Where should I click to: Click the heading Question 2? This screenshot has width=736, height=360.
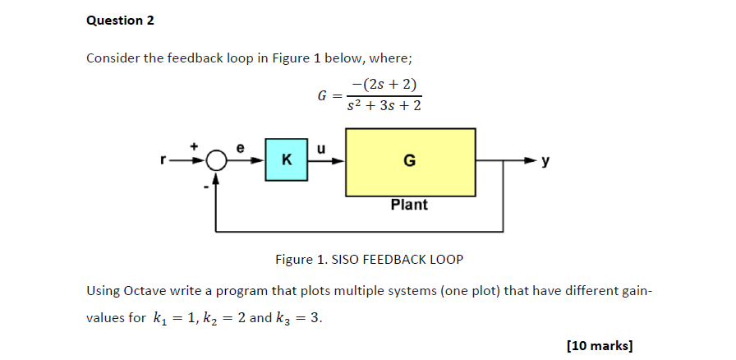click(120, 21)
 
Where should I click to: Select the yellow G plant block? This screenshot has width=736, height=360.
click(410, 162)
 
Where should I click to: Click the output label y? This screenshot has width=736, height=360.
click(545, 162)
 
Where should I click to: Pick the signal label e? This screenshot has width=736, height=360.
click(240, 148)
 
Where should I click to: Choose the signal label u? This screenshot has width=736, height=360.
click(321, 148)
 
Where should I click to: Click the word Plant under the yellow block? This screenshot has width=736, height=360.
click(409, 205)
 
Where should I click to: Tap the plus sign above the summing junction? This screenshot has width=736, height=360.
click(195, 145)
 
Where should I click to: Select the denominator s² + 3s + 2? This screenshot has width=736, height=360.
click(384, 106)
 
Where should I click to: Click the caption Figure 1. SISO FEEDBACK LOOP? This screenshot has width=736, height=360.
click(369, 260)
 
